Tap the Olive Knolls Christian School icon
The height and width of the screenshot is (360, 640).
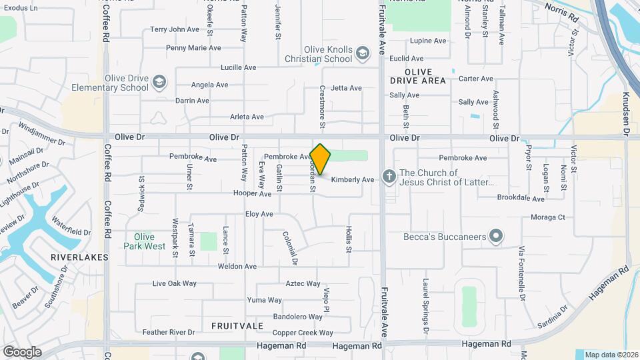pos(363,53)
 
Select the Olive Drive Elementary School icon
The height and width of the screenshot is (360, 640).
pos(159,82)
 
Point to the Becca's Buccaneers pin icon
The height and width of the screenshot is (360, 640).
pos(495,236)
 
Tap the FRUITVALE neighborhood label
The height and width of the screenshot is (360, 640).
pos(237,326)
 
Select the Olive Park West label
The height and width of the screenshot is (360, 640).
pos(145,241)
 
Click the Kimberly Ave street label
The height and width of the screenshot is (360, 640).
pos(353,179)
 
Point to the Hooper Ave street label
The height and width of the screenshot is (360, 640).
pos(252,194)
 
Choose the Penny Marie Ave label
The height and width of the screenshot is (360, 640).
pos(193,48)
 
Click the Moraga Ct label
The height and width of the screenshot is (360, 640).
pos(547,217)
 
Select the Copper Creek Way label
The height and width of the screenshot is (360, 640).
pos(302,333)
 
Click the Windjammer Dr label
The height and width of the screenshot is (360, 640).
pos(42,133)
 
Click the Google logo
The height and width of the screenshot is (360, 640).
pos(22,351)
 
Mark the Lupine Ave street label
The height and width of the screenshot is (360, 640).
pos(428,41)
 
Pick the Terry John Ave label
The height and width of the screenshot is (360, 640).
pos(175,29)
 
